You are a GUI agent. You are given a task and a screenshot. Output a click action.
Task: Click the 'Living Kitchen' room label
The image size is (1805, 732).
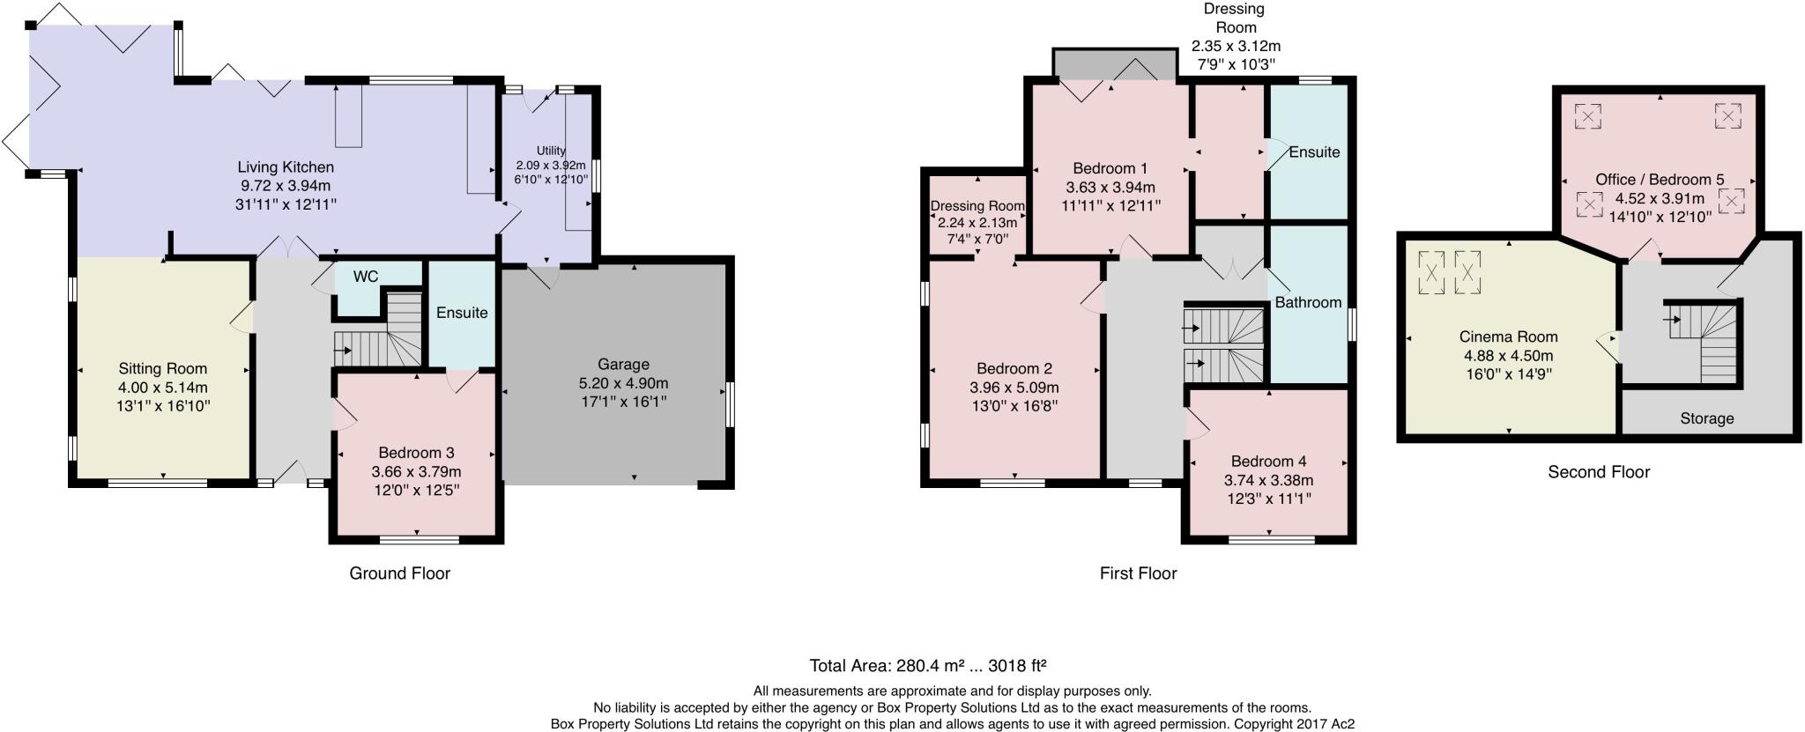click(x=286, y=167)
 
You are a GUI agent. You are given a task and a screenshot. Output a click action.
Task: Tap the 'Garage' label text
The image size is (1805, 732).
click(x=623, y=365)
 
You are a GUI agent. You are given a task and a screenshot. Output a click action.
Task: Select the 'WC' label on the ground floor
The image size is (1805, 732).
click(x=366, y=277)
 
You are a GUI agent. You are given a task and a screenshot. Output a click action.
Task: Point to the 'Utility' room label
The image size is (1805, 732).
click(x=551, y=151)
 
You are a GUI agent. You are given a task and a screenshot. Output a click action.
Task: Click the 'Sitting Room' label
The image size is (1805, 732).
click(x=163, y=369)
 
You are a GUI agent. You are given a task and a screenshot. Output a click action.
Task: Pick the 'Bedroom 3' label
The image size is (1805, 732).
click(x=416, y=453)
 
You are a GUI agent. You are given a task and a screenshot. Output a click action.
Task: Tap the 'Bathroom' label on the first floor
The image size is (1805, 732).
click(x=1308, y=302)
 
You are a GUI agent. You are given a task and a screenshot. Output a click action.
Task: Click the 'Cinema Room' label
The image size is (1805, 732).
click(x=1508, y=336)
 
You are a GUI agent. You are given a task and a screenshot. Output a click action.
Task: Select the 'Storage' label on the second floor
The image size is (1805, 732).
click(x=1706, y=418)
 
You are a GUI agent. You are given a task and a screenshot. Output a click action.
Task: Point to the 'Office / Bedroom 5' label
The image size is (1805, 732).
click(x=1660, y=180)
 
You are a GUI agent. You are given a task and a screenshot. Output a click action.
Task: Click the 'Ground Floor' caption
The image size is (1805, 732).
click(x=400, y=573)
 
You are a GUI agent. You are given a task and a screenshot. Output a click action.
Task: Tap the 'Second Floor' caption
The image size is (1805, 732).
click(x=1599, y=472)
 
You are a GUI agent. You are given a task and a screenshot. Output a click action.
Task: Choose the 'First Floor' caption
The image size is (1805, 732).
click(x=1138, y=573)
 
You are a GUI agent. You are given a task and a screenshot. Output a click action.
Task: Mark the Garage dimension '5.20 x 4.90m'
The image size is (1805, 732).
click(x=623, y=383)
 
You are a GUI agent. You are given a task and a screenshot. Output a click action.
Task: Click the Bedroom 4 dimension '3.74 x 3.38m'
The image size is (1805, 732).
click(x=1268, y=480)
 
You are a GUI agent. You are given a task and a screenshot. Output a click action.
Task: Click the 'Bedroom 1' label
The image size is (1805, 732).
click(x=1110, y=168)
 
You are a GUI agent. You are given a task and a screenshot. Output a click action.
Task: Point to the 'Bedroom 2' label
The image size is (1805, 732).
click(x=1014, y=369)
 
